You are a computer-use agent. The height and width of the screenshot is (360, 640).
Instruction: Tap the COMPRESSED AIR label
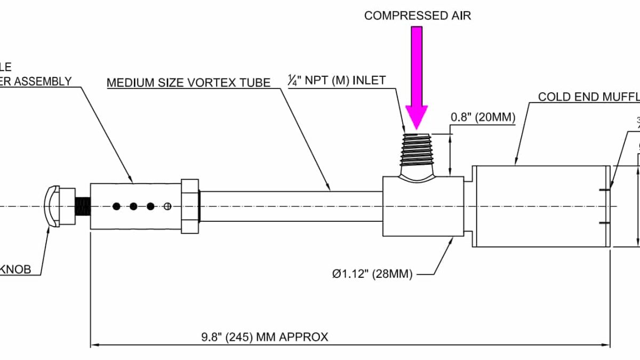(x=418, y=15)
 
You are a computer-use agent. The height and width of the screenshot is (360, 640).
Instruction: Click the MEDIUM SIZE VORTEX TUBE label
(x=188, y=83)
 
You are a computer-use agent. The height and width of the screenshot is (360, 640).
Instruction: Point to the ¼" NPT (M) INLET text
(x=336, y=81)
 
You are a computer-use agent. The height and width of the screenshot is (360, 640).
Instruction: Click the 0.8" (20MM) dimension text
(x=483, y=117)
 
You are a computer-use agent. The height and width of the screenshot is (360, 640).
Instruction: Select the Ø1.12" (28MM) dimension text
(x=372, y=274)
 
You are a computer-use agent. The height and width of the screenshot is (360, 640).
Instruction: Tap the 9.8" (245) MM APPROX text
(x=265, y=337)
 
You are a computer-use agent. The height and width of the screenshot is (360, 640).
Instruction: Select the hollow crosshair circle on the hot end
(x=169, y=206)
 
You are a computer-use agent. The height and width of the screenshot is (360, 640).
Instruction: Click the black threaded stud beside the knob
(x=82, y=206)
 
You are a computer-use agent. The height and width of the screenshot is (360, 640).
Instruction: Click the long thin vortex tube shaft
(x=291, y=206)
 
